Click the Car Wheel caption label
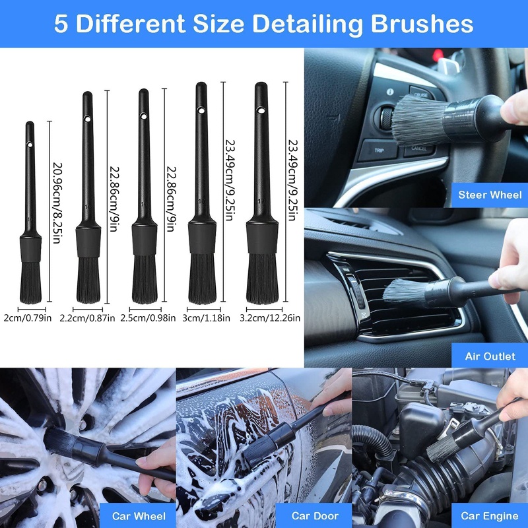click(x=139, y=515)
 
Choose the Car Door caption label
click(x=315, y=515)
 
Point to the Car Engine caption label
click(x=488, y=515)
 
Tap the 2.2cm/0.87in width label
click(x=87, y=318)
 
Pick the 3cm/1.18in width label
click(x=207, y=318)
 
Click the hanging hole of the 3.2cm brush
click(x=261, y=106)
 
